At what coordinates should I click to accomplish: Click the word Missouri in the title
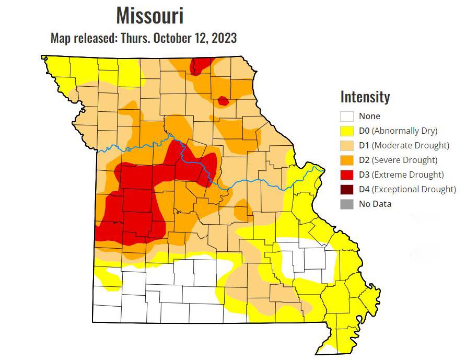point(149,16)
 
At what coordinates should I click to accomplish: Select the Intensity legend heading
point(365,97)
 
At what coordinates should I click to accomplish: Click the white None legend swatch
point(347,116)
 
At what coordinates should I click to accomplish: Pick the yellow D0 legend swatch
point(347,131)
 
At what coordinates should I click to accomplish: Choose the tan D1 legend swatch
point(347,145)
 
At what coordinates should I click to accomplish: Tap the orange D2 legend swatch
point(347,160)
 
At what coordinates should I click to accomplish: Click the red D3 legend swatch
point(347,175)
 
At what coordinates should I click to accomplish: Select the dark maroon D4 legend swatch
point(347,189)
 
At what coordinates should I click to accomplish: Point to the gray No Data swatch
point(347,204)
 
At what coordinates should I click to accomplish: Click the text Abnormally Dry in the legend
point(405,131)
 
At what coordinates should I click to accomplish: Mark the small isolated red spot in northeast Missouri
point(223,100)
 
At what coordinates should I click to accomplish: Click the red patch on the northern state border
point(200,66)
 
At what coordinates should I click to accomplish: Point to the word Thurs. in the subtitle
point(136,38)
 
